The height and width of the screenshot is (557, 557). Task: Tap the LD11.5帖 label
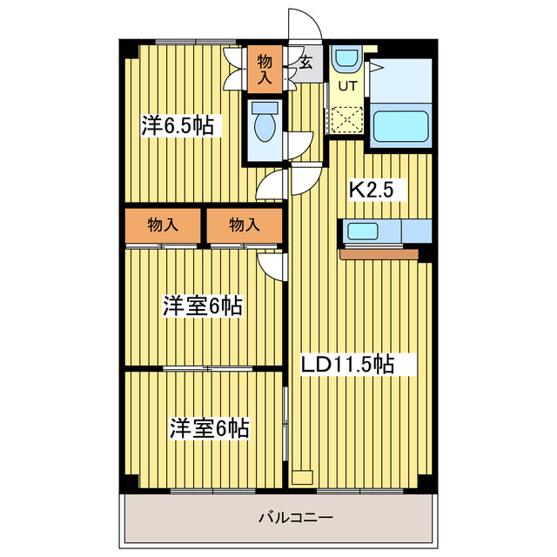click(x=347, y=364)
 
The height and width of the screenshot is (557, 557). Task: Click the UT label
click(x=347, y=86)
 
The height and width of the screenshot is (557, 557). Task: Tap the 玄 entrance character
click(x=307, y=62)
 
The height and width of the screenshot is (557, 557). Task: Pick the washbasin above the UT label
click(x=346, y=59)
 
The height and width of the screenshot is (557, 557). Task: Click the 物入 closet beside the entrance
click(x=265, y=69)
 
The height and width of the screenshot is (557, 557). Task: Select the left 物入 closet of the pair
click(x=163, y=225)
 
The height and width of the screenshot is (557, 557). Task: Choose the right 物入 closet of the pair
click(x=245, y=225)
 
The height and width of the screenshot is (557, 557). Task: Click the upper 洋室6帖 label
click(x=202, y=305)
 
